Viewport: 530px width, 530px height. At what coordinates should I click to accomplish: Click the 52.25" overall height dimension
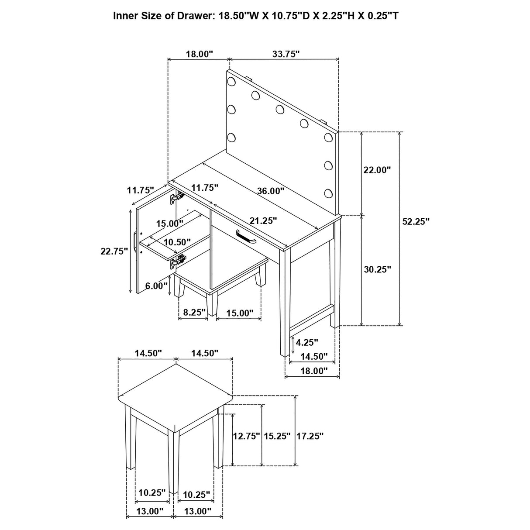pos(415,221)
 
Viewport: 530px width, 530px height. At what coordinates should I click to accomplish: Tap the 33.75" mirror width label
pos(286,54)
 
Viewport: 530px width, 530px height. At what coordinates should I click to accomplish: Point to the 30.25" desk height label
pos(377,269)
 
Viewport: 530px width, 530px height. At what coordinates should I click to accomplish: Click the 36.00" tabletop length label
pos(271,191)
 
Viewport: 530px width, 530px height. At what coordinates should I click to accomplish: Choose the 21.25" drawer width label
pos(263,221)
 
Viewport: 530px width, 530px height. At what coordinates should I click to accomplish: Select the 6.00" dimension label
pos(156,286)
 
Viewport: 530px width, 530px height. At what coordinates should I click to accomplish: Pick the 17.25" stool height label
pos(310,436)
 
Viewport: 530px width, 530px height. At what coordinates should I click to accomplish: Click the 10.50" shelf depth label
pos(177,242)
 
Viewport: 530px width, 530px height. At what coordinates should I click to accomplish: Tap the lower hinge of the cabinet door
pos(178,262)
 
